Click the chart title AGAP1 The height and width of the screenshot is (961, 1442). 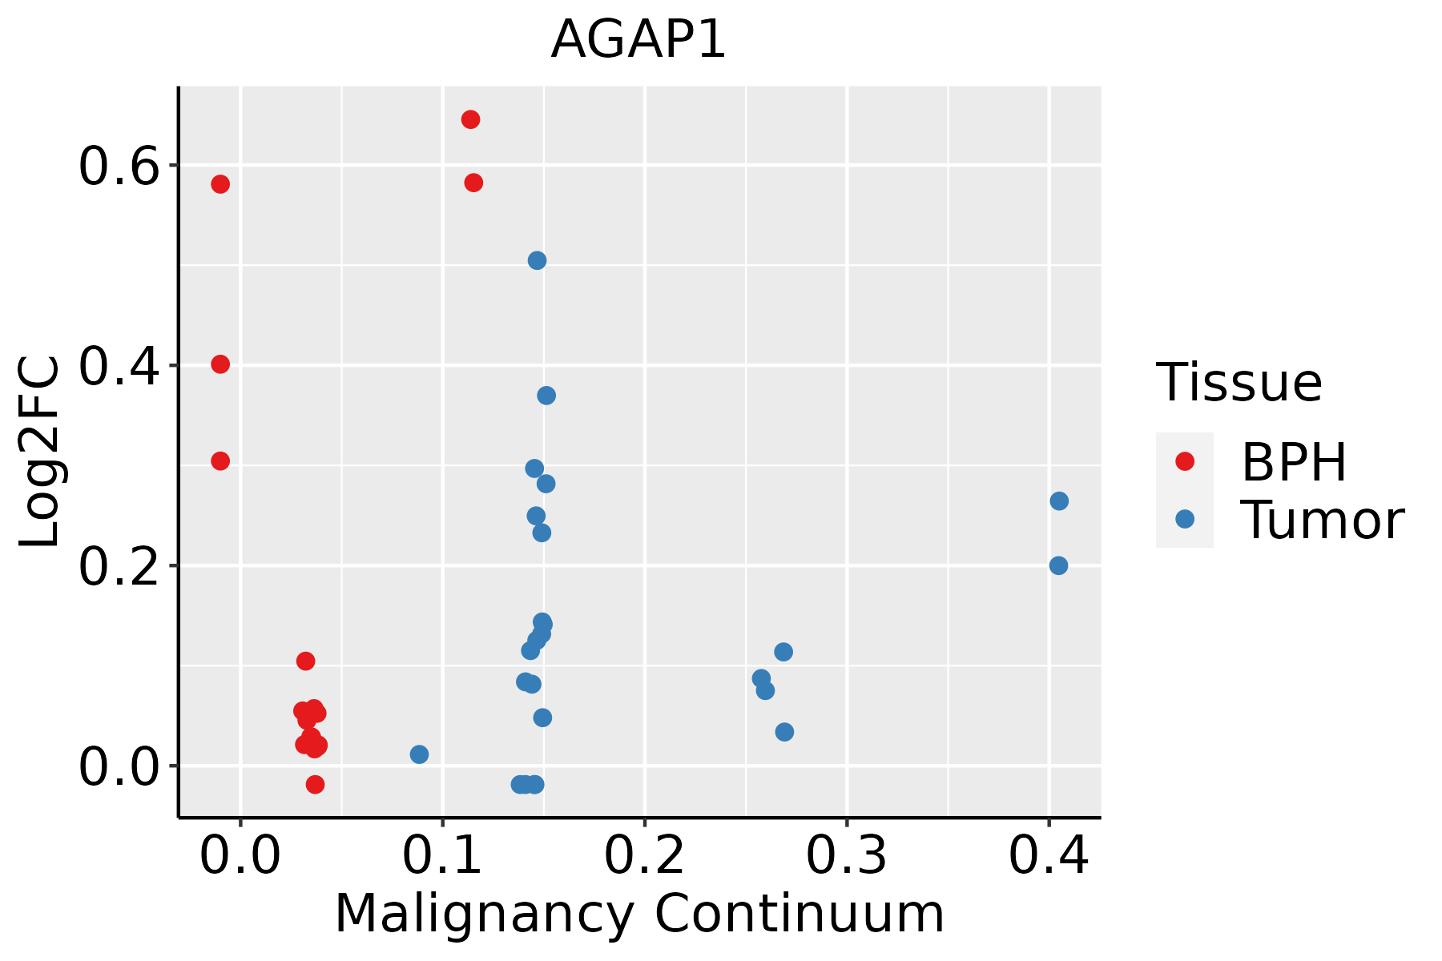point(638,40)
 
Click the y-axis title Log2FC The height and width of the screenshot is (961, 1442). point(40,452)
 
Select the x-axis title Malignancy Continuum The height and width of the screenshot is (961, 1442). point(638,914)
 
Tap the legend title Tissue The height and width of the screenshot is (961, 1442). point(1239,383)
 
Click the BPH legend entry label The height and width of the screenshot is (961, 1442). point(1294,462)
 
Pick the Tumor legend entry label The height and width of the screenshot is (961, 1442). point(1322,521)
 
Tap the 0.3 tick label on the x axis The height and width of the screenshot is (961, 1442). point(846,856)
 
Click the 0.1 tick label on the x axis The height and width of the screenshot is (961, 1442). point(442,856)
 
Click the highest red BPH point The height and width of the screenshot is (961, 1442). point(470,119)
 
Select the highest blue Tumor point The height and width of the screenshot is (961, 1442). point(537,260)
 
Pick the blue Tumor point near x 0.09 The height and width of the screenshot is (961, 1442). point(419,754)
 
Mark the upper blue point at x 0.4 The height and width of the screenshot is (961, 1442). point(1059,501)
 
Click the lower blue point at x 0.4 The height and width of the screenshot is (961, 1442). point(1058,565)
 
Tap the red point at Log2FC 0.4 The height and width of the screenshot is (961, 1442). point(220,364)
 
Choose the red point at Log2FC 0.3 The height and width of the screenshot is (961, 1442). point(220,460)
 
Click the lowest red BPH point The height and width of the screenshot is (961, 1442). point(315,784)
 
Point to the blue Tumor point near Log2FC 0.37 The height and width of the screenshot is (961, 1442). point(546,396)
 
